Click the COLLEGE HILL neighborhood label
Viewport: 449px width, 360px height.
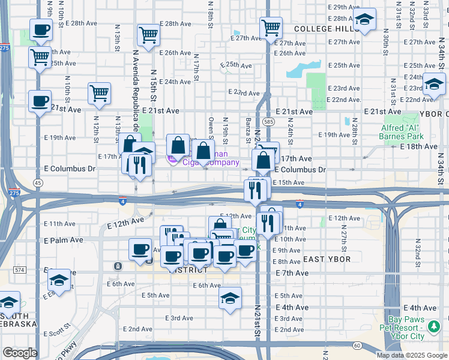[326, 29]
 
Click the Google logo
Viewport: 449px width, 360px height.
[20, 353]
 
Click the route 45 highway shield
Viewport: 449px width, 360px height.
[38, 182]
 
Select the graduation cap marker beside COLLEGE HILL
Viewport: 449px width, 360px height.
[364, 20]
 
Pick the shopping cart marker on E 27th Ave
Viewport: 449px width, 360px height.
[271, 27]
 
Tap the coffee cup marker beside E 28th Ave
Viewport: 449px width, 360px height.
[41, 30]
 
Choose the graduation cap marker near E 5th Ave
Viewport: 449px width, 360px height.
[230, 298]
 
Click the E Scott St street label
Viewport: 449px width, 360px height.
[59, 331]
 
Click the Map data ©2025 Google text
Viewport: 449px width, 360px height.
[412, 355]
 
